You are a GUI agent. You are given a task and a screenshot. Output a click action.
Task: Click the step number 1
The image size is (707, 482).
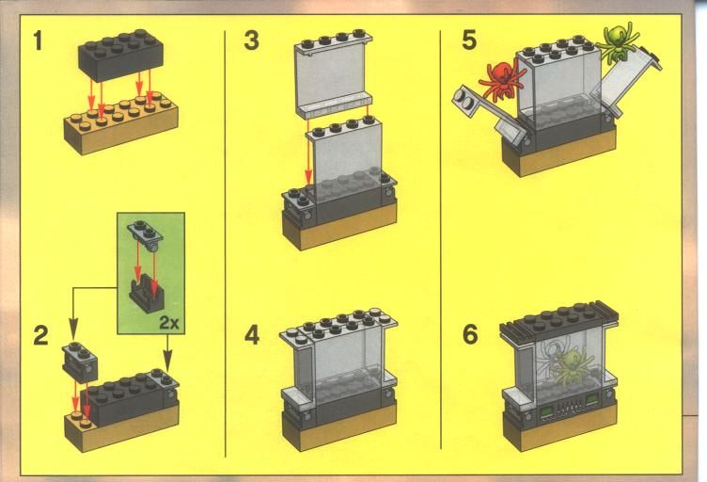38,40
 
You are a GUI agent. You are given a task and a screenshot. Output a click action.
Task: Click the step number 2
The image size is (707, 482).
40,336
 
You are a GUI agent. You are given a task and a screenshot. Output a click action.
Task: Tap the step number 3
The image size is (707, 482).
251,40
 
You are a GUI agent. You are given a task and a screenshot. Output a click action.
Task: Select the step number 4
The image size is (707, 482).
252,336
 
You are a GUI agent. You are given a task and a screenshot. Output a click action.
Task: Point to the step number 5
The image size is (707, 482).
469,40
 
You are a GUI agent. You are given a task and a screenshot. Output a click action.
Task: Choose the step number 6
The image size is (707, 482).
470,334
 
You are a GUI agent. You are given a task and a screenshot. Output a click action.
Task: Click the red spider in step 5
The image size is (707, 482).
502,80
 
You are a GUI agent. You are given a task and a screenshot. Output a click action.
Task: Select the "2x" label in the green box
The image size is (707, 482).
169,323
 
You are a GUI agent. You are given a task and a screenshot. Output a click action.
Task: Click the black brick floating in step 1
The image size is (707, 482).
120,56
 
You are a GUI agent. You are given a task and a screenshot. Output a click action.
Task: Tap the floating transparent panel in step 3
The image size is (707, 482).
333,73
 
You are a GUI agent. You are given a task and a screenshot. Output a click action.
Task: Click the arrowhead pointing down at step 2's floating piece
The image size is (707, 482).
73,326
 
